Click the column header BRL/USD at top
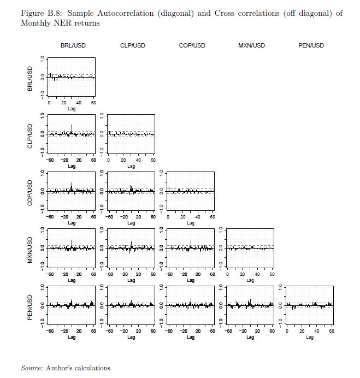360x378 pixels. [73, 45]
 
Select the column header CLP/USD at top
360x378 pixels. [132, 45]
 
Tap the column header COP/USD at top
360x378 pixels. [192, 45]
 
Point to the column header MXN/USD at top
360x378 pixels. [251, 45]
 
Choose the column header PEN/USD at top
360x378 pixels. [311, 45]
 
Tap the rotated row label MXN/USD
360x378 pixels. [30, 249]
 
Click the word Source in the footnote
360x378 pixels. [32, 368]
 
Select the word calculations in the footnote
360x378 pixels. [93, 368]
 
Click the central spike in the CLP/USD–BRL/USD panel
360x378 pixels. [72, 129]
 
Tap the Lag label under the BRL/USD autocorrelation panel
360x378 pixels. [72, 109]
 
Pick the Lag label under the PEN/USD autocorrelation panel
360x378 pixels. [310, 337]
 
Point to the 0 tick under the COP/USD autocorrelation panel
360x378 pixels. [168, 216]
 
